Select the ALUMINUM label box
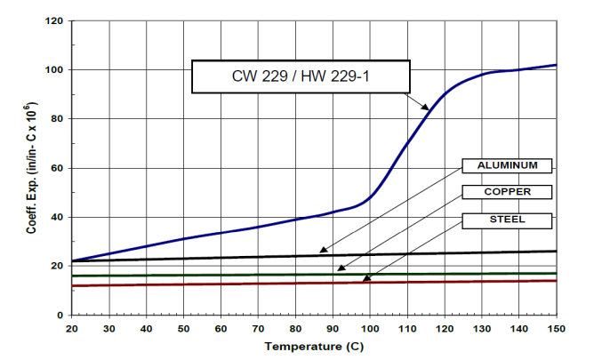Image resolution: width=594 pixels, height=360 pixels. [507, 165]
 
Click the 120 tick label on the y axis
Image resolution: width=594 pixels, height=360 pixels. [55, 20]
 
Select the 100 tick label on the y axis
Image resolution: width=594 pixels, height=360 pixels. [55, 69]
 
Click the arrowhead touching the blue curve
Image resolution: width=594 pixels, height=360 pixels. [427, 108]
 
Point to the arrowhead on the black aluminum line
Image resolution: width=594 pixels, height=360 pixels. [322, 252]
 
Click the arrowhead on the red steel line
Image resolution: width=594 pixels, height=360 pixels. [365, 280]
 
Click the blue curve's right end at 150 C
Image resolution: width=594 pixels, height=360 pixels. [556, 65]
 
